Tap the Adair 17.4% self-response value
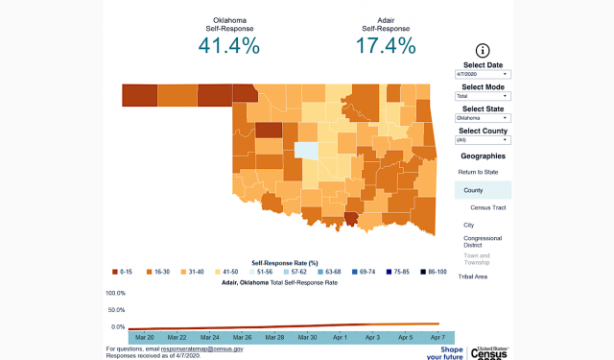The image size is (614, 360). click(x=386, y=45)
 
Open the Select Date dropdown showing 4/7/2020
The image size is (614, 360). click(x=483, y=74)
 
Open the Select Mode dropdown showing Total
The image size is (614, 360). click(x=483, y=96)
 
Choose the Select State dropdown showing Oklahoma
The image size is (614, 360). click(x=483, y=118)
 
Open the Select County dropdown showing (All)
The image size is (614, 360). click(x=483, y=140)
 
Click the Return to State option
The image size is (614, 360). click(x=479, y=171)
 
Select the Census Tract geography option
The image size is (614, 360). click(x=488, y=206)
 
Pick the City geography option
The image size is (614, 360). click(x=469, y=225)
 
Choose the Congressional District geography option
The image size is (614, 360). click(x=483, y=242)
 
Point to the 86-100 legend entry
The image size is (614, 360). click(x=434, y=272)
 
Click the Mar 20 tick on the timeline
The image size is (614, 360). click(x=145, y=338)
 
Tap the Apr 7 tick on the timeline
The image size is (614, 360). click(x=437, y=338)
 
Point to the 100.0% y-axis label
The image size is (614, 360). click(x=115, y=293)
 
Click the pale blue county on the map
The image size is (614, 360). click(x=306, y=150)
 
